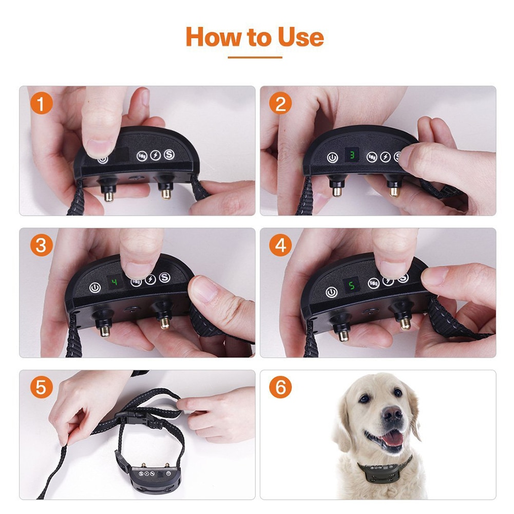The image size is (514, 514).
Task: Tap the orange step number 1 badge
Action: pyautogui.click(x=42, y=104)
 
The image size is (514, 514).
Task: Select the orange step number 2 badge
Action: pyautogui.click(x=280, y=104)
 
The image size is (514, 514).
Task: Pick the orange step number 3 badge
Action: pyautogui.click(x=42, y=246)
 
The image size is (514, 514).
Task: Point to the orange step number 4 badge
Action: pyautogui.click(x=280, y=246)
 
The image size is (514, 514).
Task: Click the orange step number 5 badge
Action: pyautogui.click(x=42, y=388)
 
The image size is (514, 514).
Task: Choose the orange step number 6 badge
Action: pyautogui.click(x=280, y=388)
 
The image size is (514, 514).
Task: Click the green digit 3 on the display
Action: pyautogui.click(x=352, y=154)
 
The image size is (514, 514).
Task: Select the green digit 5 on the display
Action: pyautogui.click(x=352, y=284)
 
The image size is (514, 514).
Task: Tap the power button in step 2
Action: pyautogui.click(x=332, y=158)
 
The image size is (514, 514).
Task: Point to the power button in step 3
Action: pyautogui.click(x=94, y=288)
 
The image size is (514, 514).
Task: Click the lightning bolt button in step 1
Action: pyautogui.click(x=155, y=155)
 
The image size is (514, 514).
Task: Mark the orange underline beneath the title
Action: pyautogui.click(x=255, y=58)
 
